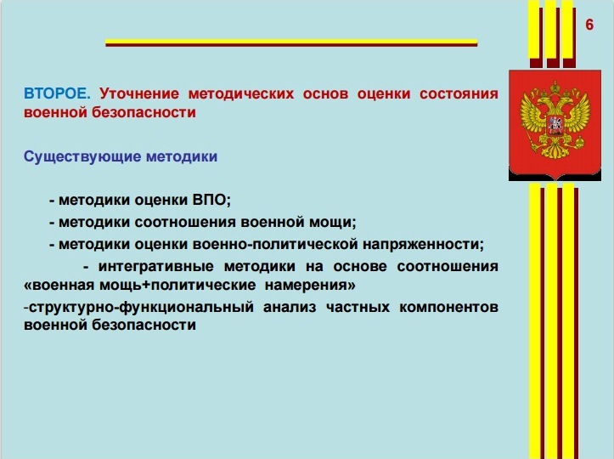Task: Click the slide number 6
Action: [589, 25]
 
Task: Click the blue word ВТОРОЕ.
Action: [57, 93]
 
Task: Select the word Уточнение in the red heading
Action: [139, 94]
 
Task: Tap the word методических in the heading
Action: [241, 94]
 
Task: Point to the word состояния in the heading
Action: [459, 94]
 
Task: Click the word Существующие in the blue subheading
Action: [82, 156]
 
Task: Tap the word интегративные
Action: [156, 266]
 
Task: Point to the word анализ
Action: [290, 307]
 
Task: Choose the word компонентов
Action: [448, 307]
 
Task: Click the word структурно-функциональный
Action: [141, 307]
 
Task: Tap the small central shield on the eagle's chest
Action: [555, 124]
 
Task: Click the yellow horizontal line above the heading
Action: [291, 41]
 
